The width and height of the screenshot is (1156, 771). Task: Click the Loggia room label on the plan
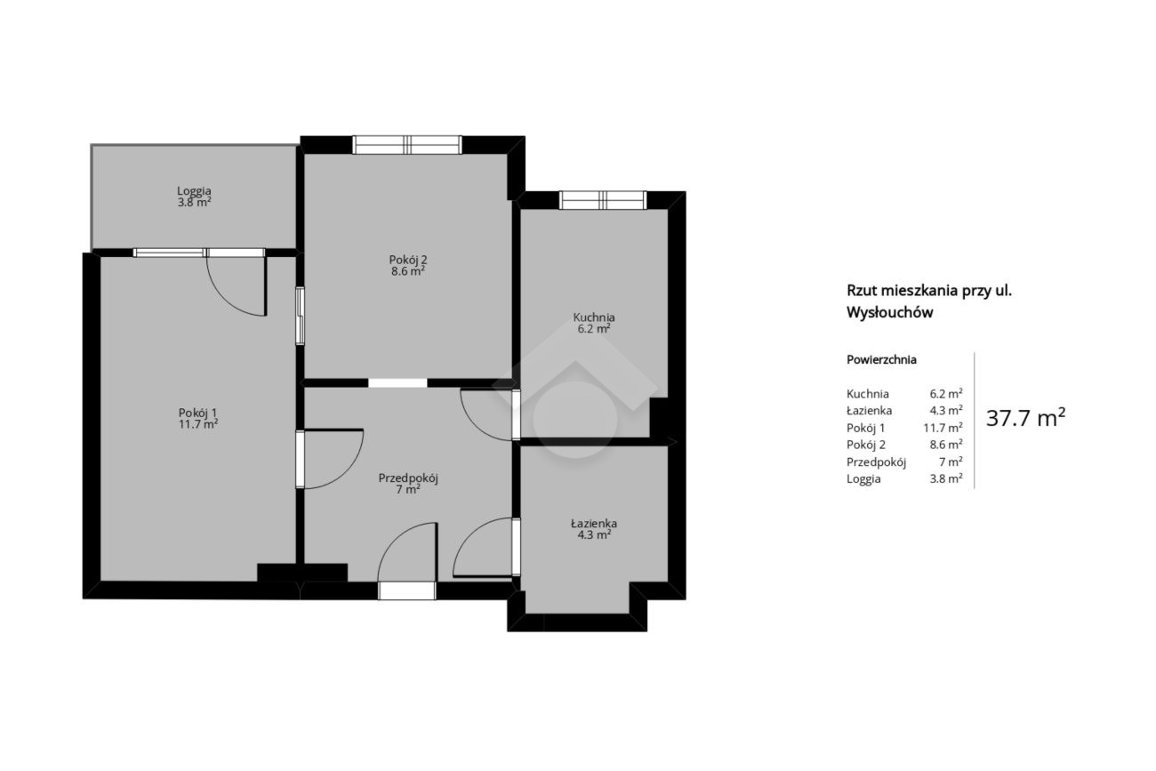click(194, 191)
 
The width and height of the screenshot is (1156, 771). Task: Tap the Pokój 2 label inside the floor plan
click(407, 260)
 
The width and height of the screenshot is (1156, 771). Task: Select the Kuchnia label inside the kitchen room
click(594, 317)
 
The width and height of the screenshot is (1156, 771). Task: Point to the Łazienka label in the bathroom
click(593, 523)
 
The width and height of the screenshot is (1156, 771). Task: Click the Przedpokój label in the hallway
click(408, 478)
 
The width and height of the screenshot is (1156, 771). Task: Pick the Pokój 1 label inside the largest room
click(197, 413)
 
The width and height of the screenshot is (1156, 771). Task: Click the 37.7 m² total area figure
click(1026, 417)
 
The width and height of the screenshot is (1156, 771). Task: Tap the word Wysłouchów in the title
click(890, 313)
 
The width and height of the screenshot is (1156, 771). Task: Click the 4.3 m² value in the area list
click(946, 410)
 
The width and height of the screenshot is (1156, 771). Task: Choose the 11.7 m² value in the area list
click(943, 428)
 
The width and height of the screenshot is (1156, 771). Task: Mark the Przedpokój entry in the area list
click(876, 462)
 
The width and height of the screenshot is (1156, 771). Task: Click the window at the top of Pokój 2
click(407, 145)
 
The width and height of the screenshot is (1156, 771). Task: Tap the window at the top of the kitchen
click(603, 200)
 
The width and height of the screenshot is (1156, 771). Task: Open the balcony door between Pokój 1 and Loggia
click(237, 283)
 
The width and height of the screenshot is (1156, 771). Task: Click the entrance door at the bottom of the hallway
click(407, 561)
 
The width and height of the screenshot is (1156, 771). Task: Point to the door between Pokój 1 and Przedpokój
click(330, 459)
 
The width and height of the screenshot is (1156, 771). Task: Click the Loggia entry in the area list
click(863, 479)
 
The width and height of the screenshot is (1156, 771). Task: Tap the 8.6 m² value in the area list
click(946, 445)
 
